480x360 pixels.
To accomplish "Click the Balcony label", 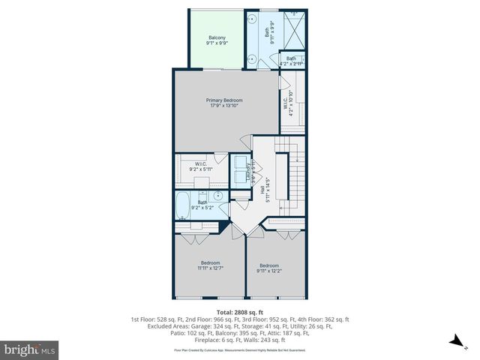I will pyautogui.click(x=217, y=38).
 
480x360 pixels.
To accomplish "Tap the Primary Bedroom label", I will pyautogui.click(x=223, y=100).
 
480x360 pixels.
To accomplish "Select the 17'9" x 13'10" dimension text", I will pyautogui.click(x=223, y=106).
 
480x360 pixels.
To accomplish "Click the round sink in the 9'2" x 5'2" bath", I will pyautogui.click(x=216, y=196).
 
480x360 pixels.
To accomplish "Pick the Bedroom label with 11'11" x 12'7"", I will pyautogui.click(x=209, y=262).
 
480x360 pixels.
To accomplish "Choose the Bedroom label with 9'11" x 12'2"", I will pyautogui.click(x=269, y=265).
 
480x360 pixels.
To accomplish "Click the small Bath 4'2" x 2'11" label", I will pyautogui.click(x=291, y=58).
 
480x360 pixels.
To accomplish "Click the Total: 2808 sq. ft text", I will pyautogui.click(x=240, y=311).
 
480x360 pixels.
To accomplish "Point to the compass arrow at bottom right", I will pyautogui.click(x=454, y=341).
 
